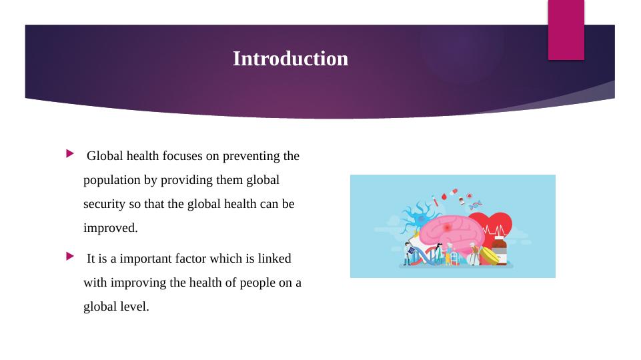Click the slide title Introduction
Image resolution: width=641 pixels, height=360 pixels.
[x=290, y=59]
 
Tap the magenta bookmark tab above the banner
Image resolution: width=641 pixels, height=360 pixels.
[x=566, y=29]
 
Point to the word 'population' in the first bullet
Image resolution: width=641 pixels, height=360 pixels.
[x=111, y=181]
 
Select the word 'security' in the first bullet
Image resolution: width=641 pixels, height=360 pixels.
[x=103, y=204]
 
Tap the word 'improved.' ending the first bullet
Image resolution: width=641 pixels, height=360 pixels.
[x=111, y=228]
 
